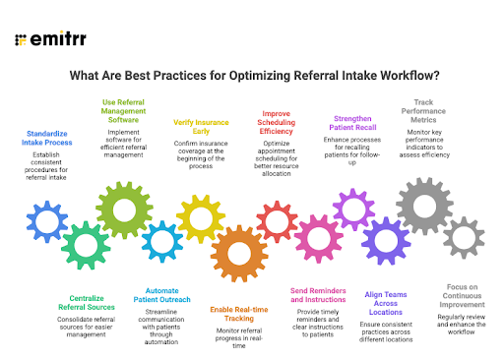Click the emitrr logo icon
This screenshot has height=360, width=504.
coord(21,41)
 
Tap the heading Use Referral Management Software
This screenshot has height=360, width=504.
coord(125,110)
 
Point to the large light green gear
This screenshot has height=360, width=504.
coord(123,210)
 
